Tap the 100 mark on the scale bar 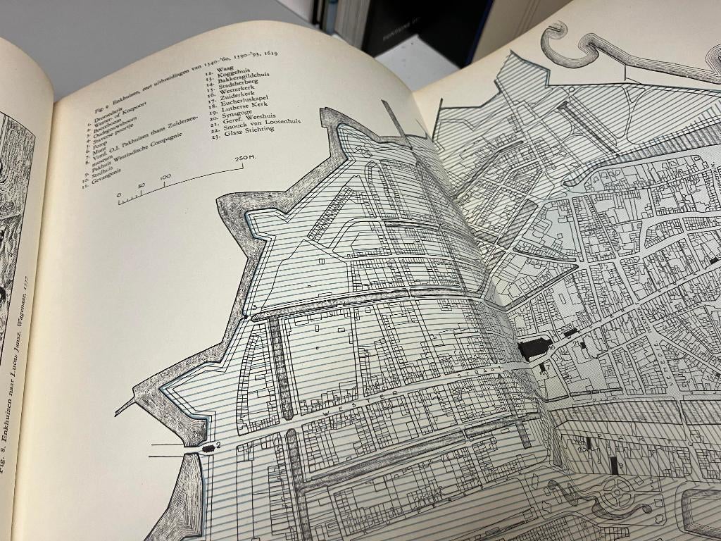tap(165, 177)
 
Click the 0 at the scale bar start tap(119, 194)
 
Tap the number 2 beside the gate tap(219, 445)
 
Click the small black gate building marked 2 tap(208, 448)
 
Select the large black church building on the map tap(534, 348)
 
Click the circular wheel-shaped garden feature tap(617, 492)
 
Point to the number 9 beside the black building tap(552, 346)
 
